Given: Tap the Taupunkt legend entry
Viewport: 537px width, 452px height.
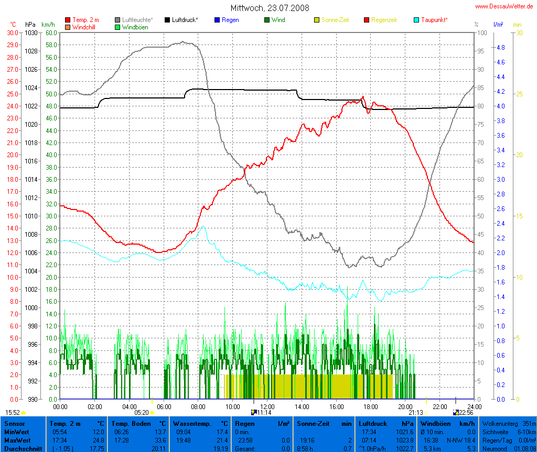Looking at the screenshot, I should [x=434, y=20].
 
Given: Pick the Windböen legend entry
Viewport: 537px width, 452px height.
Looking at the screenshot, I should [x=135, y=27].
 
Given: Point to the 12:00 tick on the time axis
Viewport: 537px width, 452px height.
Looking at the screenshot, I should [x=267, y=406].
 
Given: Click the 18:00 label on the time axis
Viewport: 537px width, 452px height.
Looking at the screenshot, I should [x=371, y=406].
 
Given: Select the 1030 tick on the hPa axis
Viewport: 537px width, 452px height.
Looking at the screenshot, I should [x=31, y=32].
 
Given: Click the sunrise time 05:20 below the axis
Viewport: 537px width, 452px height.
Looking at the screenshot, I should [x=142, y=413].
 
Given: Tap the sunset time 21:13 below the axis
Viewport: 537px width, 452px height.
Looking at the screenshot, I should [x=416, y=413].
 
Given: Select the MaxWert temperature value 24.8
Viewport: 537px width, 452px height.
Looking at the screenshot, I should [x=99, y=440].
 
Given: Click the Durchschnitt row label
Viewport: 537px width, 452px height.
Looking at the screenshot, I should [x=20, y=448].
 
